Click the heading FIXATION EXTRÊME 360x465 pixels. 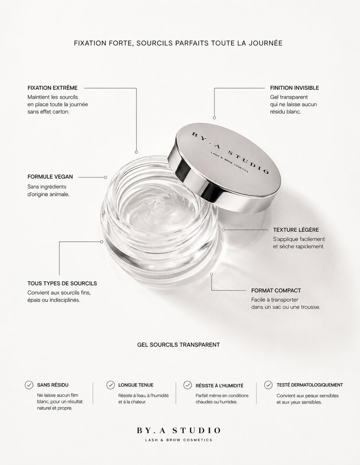52,88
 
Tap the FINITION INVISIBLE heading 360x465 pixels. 294,88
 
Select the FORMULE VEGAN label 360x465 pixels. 50,177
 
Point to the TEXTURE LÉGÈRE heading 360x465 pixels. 296,230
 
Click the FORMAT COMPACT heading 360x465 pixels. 276,291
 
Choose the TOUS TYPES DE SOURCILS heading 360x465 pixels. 62,283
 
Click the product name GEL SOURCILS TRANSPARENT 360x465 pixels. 179,345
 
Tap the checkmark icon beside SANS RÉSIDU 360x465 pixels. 29,385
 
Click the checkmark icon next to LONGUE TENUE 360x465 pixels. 110,385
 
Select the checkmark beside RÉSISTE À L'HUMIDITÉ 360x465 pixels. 187,385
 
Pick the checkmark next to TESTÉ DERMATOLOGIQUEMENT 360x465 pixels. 268,385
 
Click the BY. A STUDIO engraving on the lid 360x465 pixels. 230,153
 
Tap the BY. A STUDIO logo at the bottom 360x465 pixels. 179,431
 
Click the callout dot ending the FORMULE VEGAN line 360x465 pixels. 105,177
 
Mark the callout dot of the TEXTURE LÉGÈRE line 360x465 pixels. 224,230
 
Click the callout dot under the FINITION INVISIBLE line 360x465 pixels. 214,118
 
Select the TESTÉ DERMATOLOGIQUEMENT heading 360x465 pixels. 310,385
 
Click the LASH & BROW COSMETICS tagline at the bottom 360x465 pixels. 179,440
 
